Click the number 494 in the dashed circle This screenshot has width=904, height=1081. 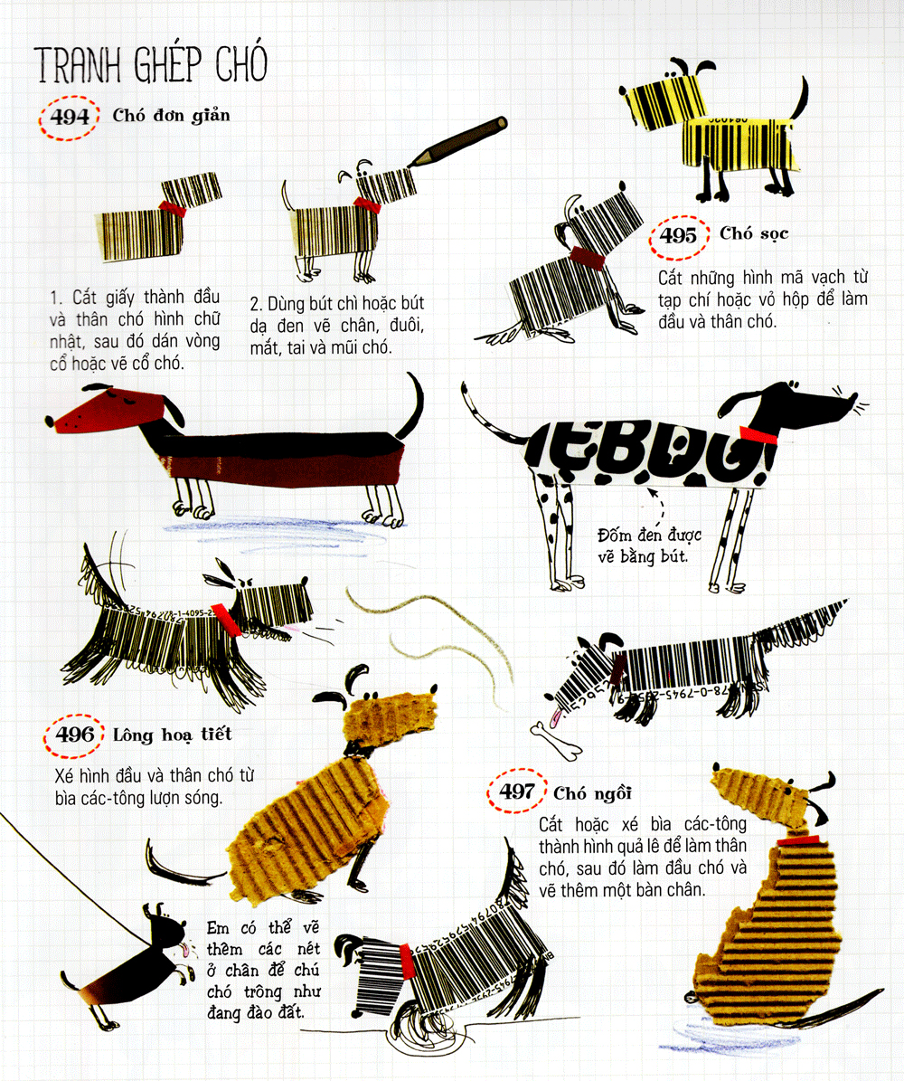[70, 118]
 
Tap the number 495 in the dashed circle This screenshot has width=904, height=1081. [679, 236]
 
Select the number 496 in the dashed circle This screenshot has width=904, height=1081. [74, 735]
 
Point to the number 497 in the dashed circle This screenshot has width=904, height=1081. [517, 791]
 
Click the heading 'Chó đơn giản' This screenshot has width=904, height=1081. [172, 115]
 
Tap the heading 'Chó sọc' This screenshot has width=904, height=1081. [754, 233]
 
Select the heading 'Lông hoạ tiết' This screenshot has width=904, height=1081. [173, 735]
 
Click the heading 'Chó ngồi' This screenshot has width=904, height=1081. [592, 793]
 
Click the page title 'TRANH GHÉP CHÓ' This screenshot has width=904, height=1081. [150, 64]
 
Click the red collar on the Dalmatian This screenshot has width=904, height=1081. [758, 436]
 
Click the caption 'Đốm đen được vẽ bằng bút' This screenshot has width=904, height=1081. [649, 545]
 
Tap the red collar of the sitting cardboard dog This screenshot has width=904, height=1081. [798, 841]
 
